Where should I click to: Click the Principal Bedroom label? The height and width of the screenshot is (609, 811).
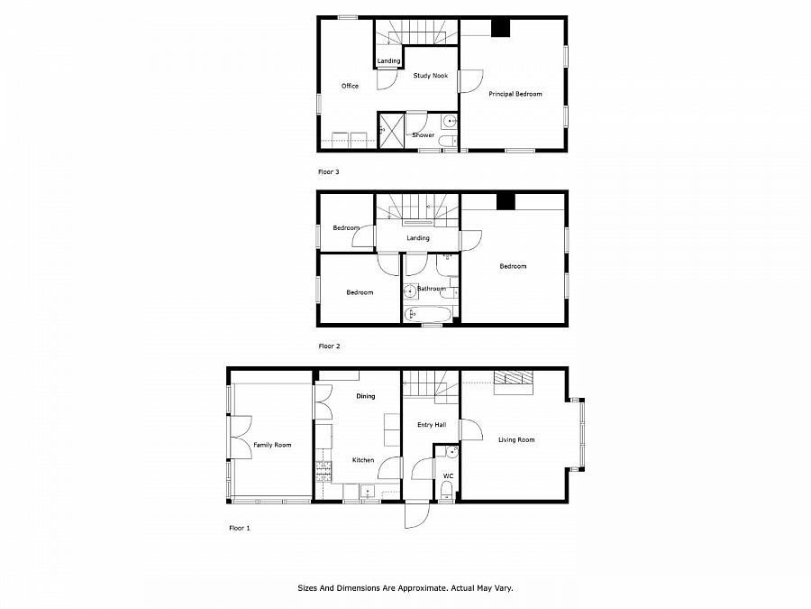tap(515, 94)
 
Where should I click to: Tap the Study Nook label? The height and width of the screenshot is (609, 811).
tap(431, 76)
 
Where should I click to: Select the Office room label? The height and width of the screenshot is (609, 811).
tap(350, 87)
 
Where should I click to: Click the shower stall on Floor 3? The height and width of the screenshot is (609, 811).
tap(390, 128)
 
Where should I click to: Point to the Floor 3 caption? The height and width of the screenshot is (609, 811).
tap(329, 171)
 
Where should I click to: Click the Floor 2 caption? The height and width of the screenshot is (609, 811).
tap(329, 346)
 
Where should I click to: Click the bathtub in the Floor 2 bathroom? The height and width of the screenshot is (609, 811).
tap(428, 314)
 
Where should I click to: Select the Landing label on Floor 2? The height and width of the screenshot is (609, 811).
tap(417, 238)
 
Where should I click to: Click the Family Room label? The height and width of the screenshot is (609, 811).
tap(272, 445)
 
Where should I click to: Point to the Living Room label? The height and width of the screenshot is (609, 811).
tap(516, 440)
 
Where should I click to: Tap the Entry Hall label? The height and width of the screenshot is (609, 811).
tap(432, 425)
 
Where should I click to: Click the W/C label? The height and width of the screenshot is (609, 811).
tap(448, 475)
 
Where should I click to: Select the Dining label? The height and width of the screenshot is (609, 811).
tap(365, 396)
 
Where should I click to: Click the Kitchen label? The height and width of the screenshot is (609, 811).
tap(363, 460)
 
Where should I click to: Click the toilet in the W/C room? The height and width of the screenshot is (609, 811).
tap(446, 491)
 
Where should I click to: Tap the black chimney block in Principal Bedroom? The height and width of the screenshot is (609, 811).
tap(499, 28)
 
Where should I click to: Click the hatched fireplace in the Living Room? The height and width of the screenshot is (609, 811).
tap(513, 378)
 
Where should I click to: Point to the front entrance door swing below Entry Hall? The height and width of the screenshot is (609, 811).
tap(416, 515)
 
